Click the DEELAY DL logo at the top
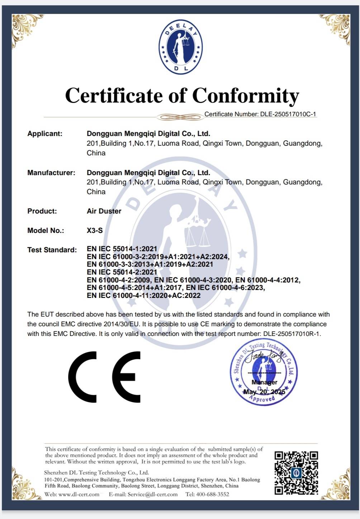(x=180, y=47)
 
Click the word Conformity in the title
(x=246, y=96)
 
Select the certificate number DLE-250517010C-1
(x=288, y=114)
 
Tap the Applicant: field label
(x=45, y=134)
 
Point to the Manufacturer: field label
(x=51, y=173)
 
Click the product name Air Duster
(x=104, y=211)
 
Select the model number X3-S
(x=95, y=230)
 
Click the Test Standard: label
(x=52, y=250)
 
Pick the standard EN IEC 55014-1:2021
(x=122, y=249)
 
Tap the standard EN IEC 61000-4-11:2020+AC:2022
(x=143, y=295)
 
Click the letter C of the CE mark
(x=83, y=377)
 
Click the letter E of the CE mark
(x=126, y=377)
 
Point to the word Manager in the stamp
(x=264, y=382)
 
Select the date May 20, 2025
(x=264, y=392)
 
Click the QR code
(x=296, y=473)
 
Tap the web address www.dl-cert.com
(x=79, y=494)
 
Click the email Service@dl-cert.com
(x=152, y=494)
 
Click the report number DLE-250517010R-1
(x=292, y=334)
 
